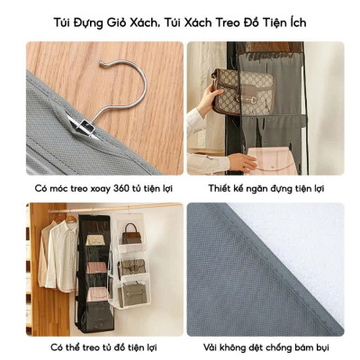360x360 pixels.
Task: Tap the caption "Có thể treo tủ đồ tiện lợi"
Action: tap(101, 348)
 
